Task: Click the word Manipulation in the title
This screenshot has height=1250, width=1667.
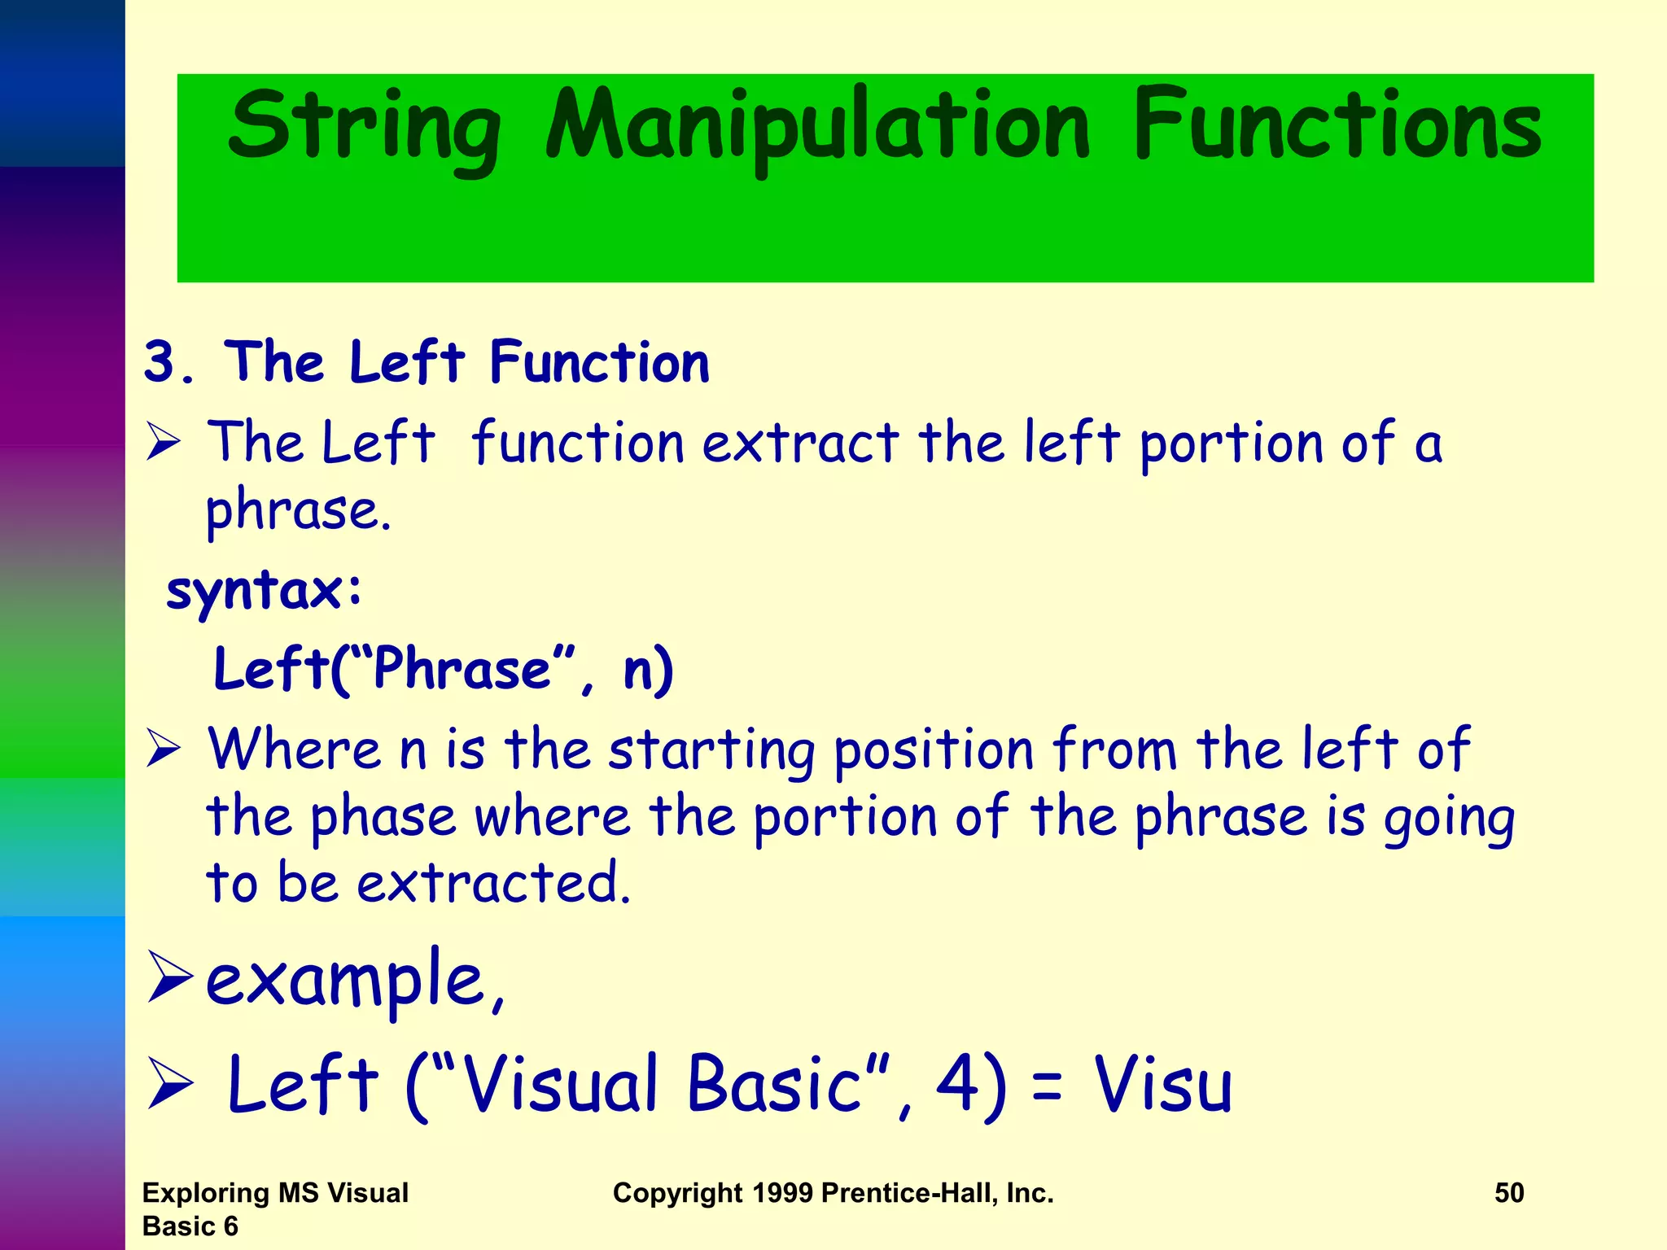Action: point(817,126)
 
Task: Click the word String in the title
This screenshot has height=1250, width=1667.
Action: point(364,126)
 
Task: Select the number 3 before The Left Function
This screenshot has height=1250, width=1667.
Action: point(160,361)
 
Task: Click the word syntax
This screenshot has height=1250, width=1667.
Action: point(255,590)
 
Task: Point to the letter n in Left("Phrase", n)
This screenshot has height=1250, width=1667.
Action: point(639,669)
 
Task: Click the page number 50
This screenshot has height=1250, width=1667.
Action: point(1509,1192)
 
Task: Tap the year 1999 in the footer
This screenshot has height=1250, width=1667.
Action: point(782,1192)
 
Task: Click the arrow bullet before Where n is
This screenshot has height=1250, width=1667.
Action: point(164,749)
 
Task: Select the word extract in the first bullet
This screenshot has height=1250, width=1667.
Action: point(800,444)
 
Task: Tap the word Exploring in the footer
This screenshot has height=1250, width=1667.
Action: point(205,1192)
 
